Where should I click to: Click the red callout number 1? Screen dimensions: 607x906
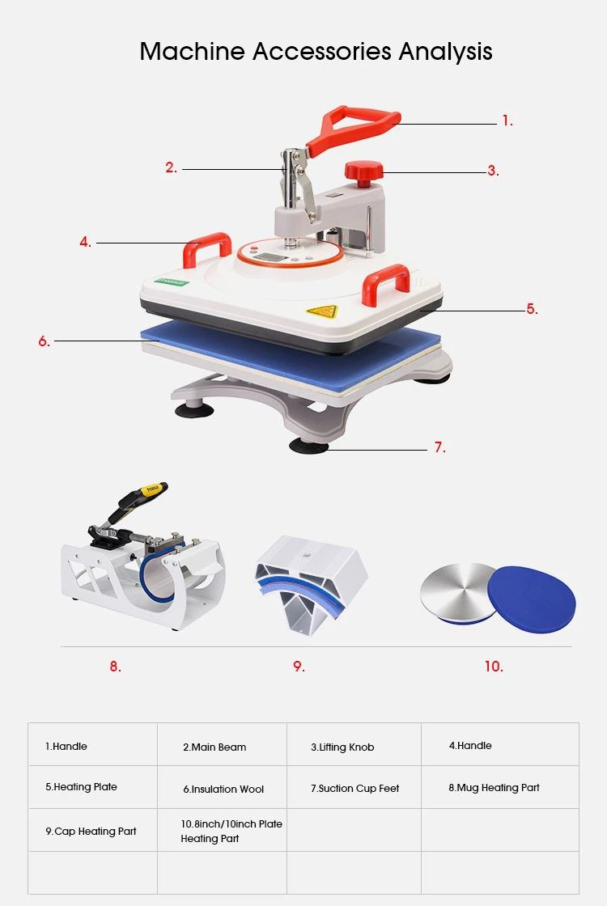click(x=507, y=121)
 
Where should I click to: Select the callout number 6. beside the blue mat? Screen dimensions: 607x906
click(x=45, y=341)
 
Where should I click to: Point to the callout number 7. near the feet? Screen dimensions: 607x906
click(x=440, y=447)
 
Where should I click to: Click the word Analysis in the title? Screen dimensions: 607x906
click(x=445, y=52)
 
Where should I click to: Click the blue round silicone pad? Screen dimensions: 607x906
click(x=532, y=599)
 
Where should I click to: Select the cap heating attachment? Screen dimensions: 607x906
click(x=311, y=584)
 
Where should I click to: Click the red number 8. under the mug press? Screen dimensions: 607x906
click(x=116, y=667)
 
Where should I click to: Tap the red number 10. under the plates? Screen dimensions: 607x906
click(x=494, y=667)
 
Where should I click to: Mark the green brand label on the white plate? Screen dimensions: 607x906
click(x=172, y=283)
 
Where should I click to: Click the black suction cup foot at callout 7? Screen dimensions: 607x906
click(x=309, y=446)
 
